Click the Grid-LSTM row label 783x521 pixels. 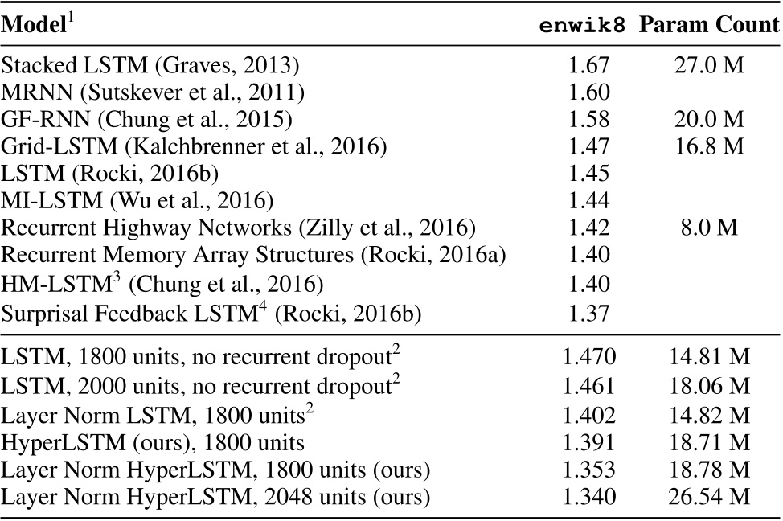point(194,146)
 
